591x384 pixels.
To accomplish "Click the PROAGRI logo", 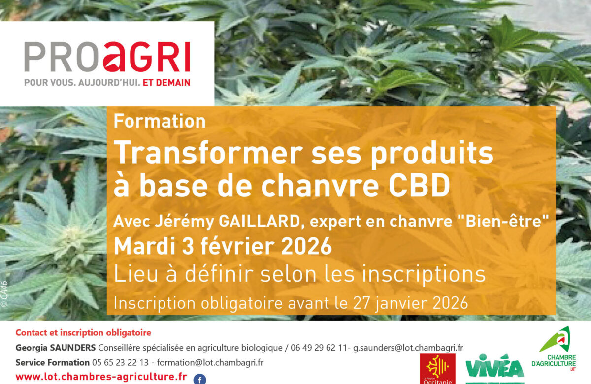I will pyautogui.click(x=107, y=57).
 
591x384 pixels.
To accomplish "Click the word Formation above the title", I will pyautogui.click(x=160, y=121).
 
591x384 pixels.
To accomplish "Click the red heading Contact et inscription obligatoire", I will pyautogui.click(x=83, y=333).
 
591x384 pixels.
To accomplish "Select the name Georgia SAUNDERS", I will pyautogui.click(x=56, y=348).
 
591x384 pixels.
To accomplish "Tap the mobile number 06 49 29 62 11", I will pyautogui.click(x=321, y=348).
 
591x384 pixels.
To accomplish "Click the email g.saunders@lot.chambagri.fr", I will pyautogui.click(x=408, y=348).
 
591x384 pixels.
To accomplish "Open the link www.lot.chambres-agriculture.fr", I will pyautogui.click(x=101, y=377).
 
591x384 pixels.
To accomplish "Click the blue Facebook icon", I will pyautogui.click(x=199, y=379).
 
